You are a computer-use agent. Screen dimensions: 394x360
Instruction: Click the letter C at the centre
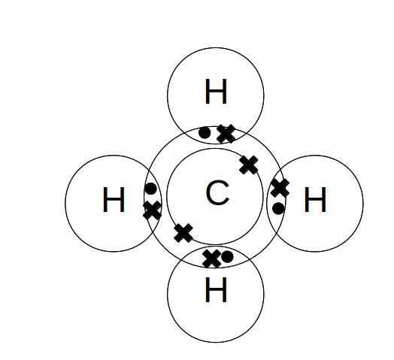(217, 192)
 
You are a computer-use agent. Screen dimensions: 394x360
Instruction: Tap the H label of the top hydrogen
(216, 91)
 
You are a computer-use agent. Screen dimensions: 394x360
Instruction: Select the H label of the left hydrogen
(114, 199)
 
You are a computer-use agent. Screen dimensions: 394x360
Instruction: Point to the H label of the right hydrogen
(315, 199)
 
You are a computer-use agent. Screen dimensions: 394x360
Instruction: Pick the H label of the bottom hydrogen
(216, 289)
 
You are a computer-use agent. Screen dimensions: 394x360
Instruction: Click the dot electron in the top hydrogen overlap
(205, 132)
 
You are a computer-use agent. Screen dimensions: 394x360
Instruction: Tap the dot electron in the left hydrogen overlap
(151, 189)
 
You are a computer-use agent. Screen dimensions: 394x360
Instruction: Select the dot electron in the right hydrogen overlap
(278, 208)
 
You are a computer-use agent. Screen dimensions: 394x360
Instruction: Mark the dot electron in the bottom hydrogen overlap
(227, 256)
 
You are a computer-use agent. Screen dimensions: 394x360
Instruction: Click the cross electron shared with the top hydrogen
(226, 134)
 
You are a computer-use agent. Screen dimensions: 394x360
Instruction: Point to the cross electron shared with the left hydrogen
(153, 210)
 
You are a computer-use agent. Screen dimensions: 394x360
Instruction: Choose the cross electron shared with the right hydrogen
(280, 188)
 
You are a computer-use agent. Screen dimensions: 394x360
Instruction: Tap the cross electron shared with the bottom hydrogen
(212, 259)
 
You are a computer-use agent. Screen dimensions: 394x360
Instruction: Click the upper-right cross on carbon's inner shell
(249, 165)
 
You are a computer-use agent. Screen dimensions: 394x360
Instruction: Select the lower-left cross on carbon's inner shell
(183, 233)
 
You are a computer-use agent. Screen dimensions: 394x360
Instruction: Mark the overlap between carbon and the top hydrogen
(216, 135)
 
